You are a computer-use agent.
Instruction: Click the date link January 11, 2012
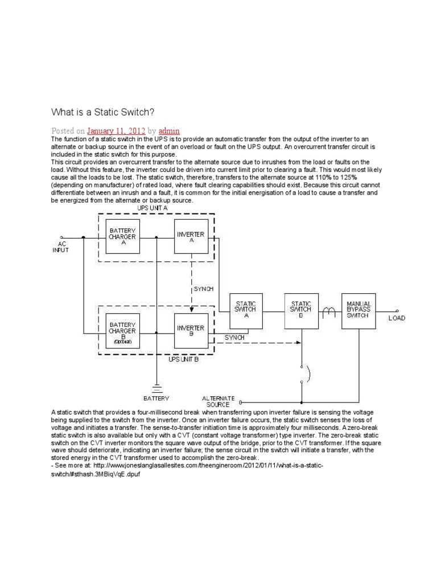coord(116,130)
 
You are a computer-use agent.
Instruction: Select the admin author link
coord(169,130)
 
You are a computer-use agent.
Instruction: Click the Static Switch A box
coord(246,311)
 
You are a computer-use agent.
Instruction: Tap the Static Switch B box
coord(302,311)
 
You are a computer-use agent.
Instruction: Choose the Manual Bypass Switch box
coord(359,311)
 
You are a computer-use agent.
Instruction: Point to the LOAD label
coord(397,318)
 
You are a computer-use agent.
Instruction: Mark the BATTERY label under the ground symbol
coord(156,398)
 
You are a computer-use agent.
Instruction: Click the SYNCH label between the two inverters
coord(204,289)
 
